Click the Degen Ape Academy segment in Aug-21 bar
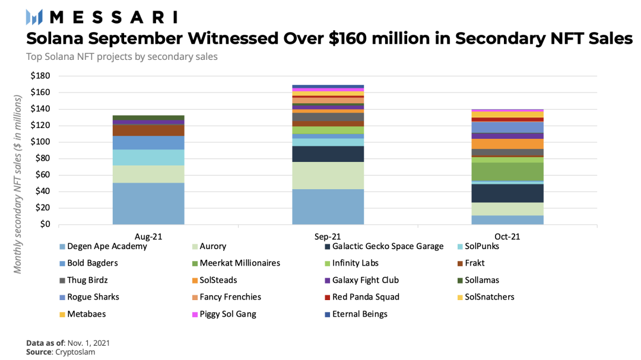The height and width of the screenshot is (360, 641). click(148, 203)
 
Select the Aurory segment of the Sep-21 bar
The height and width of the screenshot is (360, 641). click(328, 176)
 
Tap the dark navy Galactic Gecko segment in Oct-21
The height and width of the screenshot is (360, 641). click(508, 193)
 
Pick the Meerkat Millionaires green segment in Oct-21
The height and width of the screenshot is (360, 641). click(508, 171)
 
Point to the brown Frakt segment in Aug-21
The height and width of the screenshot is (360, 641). click(148, 130)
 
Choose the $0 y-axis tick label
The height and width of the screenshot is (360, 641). click(45, 224)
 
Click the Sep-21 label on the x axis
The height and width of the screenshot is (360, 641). click(328, 236)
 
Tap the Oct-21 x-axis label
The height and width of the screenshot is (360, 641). click(508, 236)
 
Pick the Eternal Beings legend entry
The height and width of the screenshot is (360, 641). click(360, 314)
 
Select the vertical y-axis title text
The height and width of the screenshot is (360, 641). click(18, 184)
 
